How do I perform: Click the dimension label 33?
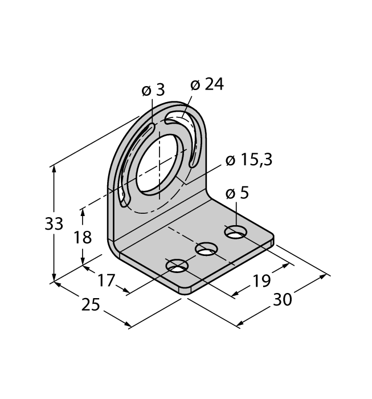pyautogui.click(x=54, y=224)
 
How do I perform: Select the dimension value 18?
pyautogui.click(x=83, y=237)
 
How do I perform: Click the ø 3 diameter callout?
pyautogui.click(x=152, y=89)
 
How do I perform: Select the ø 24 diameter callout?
pyautogui.click(x=207, y=85)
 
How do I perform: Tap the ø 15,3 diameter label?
pyautogui.click(x=248, y=161)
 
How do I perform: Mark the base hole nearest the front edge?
pyautogui.click(x=178, y=266)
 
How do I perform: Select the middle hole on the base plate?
pyautogui.click(x=207, y=249)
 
